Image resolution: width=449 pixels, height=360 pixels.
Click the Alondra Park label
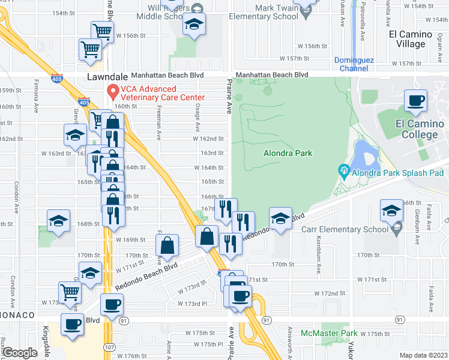(288, 153)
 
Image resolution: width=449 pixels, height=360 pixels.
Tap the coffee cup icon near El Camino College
(415, 101)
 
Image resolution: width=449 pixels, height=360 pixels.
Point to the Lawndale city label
(108, 77)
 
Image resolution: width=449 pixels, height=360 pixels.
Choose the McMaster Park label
(329, 333)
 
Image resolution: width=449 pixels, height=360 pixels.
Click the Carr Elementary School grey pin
(396, 229)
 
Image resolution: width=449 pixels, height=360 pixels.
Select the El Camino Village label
(415, 39)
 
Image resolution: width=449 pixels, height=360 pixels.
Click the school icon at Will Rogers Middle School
(194, 25)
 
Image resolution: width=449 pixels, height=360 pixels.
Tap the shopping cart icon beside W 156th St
(102, 31)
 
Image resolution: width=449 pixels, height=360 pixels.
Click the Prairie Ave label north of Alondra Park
(229, 96)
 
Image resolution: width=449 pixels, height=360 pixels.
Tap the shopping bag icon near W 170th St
(167, 245)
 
